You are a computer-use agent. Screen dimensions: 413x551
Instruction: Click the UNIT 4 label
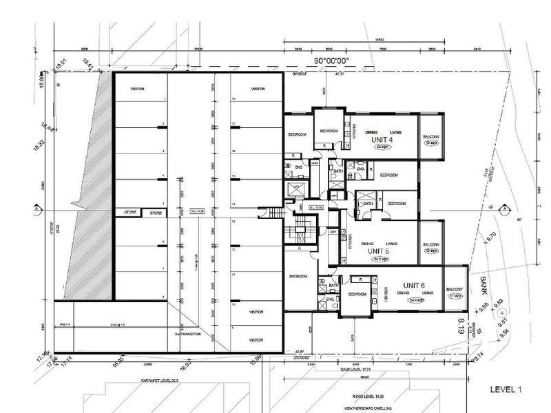tap(382, 140)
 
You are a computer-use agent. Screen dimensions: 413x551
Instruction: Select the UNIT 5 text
tap(378, 252)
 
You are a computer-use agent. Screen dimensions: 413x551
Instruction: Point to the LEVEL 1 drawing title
tap(506, 390)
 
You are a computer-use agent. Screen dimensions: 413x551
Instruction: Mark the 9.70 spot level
tap(492, 235)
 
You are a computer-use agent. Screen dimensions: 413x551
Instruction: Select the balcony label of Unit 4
tap(431, 136)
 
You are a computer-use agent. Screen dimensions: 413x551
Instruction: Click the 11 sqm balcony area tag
tap(454, 295)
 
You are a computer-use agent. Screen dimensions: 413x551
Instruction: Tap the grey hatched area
tap(94, 200)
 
